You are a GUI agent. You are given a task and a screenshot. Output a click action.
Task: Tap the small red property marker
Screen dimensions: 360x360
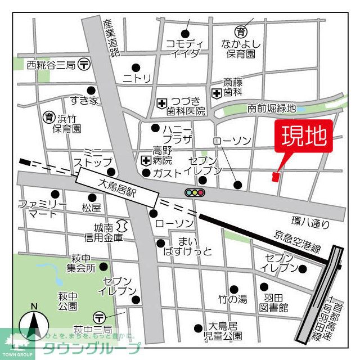point(275,177)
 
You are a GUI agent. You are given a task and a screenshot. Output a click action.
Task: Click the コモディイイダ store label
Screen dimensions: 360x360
point(184,48)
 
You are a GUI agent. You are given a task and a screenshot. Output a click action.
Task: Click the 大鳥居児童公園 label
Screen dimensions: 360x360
point(225,331)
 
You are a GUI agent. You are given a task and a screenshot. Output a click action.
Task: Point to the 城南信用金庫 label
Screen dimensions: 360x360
point(107,233)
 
